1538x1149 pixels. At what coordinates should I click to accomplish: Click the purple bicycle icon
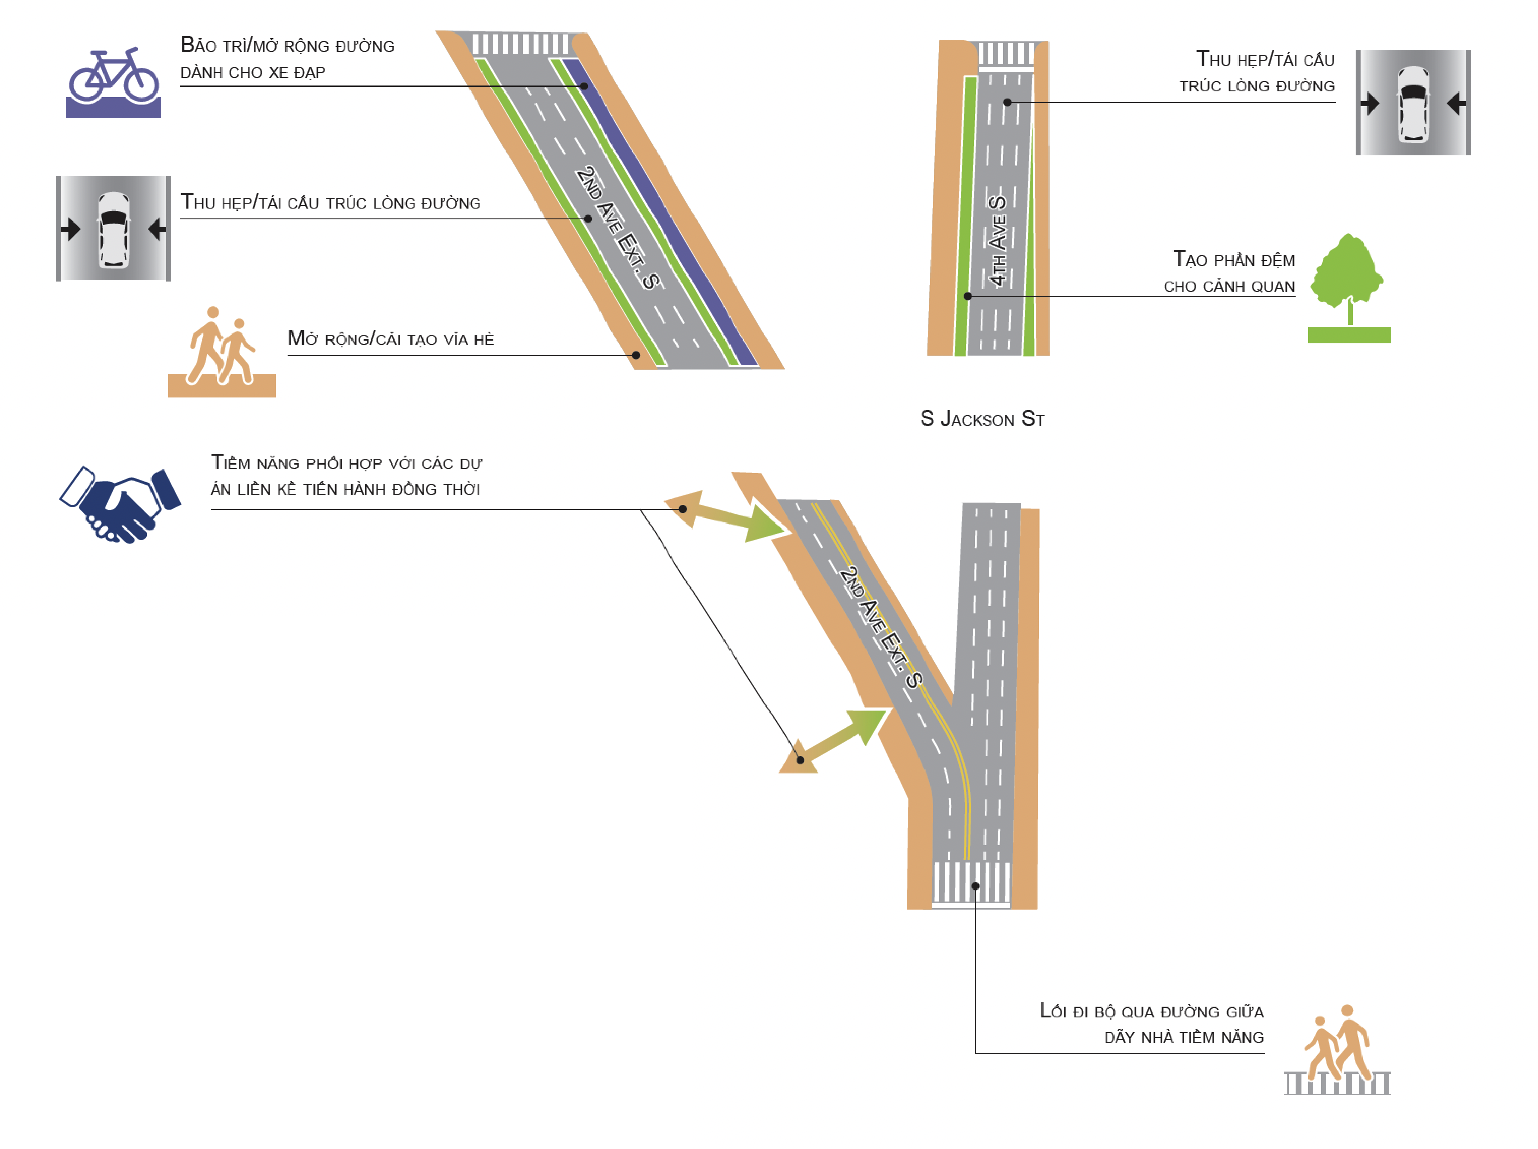[x=113, y=82]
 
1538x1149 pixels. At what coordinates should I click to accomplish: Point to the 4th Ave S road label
[x=998, y=240]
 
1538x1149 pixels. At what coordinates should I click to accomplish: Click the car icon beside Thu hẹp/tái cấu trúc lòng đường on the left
[x=113, y=229]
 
